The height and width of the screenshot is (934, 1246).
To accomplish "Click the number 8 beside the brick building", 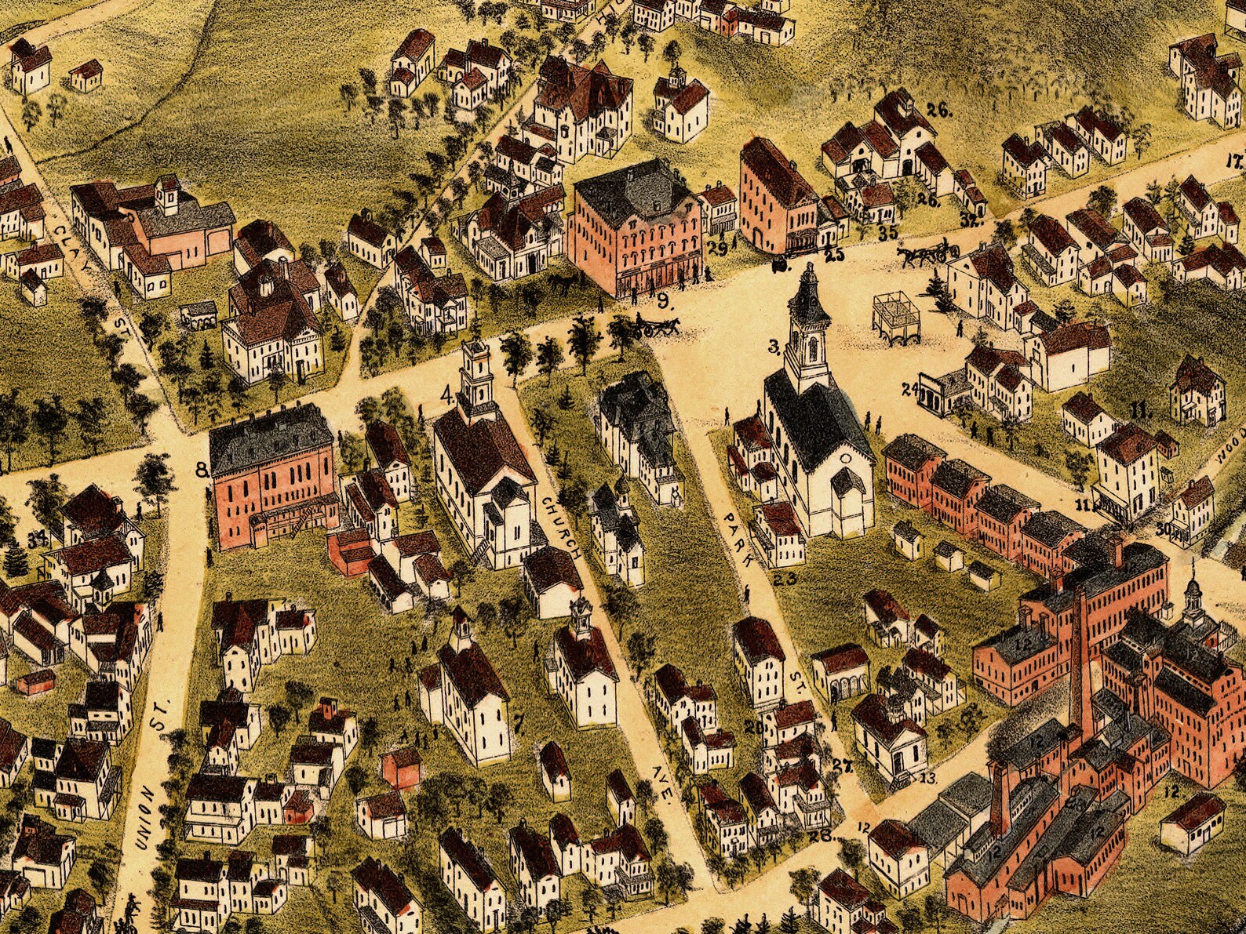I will (x=202, y=470).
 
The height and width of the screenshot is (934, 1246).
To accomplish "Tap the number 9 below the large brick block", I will (x=663, y=299).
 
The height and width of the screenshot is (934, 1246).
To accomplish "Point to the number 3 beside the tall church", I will (x=773, y=345).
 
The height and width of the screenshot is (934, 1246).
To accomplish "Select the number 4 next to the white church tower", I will (x=447, y=396).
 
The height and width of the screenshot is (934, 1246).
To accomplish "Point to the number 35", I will (x=888, y=232).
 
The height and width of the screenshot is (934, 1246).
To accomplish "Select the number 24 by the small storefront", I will (x=910, y=388).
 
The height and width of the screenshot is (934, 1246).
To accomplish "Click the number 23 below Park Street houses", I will (x=785, y=580).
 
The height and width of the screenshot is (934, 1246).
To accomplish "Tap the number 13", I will (x=928, y=778).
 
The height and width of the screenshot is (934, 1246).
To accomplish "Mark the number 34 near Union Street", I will (x=36, y=538).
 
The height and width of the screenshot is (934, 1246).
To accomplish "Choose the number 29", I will (x=717, y=249).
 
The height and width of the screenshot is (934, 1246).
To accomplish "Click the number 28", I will (x=821, y=836).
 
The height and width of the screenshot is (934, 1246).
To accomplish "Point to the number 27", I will (x=843, y=766).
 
